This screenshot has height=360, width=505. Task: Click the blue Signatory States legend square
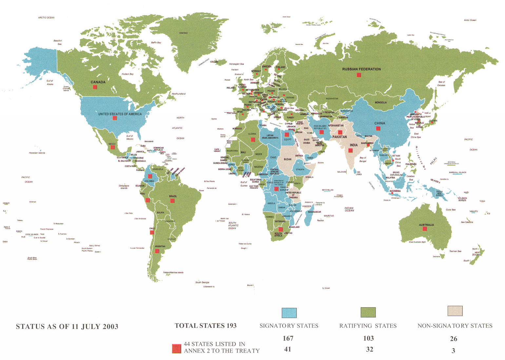click(289, 313)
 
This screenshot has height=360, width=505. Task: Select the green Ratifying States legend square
click(368, 312)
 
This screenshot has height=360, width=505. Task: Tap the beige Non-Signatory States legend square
click(455, 311)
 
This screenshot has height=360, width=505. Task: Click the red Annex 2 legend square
click(177, 349)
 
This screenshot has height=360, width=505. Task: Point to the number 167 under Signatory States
click(288, 338)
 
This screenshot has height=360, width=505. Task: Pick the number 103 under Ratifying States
click(368, 338)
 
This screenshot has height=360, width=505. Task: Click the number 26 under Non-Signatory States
click(454, 339)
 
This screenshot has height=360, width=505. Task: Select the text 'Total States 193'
click(205, 326)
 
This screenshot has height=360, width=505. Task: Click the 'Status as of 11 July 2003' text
click(67, 327)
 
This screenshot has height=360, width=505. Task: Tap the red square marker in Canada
click(95, 87)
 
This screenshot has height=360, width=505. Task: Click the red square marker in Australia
click(425, 229)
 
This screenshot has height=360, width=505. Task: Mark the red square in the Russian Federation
click(359, 75)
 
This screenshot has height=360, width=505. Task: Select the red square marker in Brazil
click(172, 200)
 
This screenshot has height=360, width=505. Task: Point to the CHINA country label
click(380, 123)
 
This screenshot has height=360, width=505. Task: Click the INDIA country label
click(354, 145)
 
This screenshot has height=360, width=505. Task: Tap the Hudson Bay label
click(127, 74)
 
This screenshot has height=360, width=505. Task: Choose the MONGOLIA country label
click(381, 103)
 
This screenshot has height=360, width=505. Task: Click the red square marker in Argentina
click(157, 251)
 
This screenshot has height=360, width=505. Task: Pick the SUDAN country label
click(287, 159)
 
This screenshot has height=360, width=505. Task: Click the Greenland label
click(184, 33)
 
